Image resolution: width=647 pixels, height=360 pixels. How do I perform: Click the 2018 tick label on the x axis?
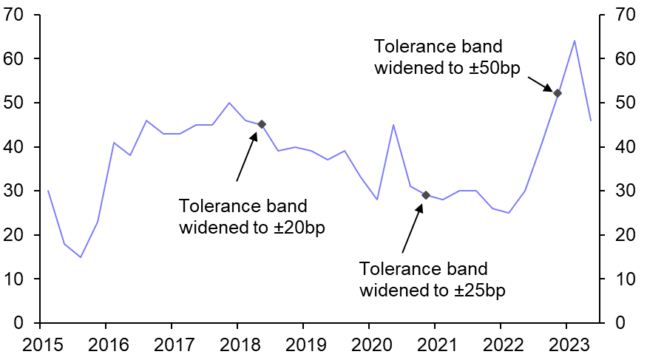pos(237,344)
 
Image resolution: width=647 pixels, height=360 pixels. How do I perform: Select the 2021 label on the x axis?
pos(435,344)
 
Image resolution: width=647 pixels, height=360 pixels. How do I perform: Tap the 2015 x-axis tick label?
pos(40,344)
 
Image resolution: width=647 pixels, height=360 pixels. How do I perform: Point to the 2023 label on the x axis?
pos(566,344)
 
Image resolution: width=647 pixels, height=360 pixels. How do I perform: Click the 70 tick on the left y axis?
pos(16,15)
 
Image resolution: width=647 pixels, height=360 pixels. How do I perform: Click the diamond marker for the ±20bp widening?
pos(262,124)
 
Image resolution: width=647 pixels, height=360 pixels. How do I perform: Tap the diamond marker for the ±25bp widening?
pos(426,195)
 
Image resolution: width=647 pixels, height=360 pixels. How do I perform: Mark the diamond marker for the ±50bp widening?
pos(558,93)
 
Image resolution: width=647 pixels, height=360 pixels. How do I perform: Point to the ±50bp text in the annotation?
pos(500,67)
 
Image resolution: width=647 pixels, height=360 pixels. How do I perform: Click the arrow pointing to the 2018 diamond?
pos(246,156)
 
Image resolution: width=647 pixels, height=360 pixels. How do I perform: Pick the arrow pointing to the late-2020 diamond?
pos(411,228)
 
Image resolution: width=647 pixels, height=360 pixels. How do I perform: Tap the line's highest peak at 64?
pos(574,41)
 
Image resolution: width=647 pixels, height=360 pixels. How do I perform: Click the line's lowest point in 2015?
pos(81,257)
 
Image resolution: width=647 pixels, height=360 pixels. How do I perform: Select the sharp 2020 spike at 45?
pos(393,125)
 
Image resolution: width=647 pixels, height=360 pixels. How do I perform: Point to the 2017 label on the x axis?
pos(172,344)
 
